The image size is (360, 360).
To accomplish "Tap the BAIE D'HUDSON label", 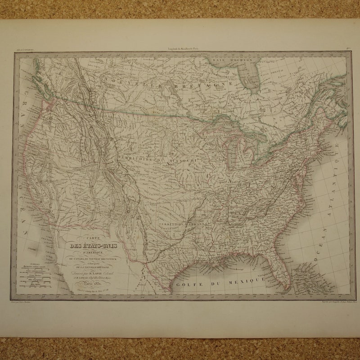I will pyautogui.click(x=233, y=59).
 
